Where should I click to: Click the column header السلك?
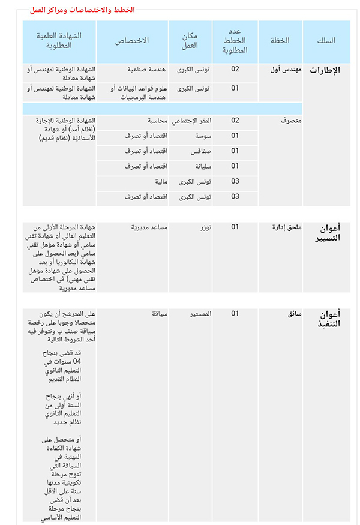click(x=326, y=41)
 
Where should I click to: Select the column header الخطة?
click(x=280, y=41)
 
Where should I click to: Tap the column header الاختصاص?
click(x=131, y=41)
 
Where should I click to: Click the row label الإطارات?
click(x=325, y=70)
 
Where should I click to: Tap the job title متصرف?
click(x=291, y=121)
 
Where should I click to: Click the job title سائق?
click(x=294, y=314)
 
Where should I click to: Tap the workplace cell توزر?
click(x=201, y=227)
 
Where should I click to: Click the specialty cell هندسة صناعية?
click(x=146, y=70)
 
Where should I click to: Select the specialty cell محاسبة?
click(x=154, y=121)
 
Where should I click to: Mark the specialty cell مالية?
click(x=160, y=181)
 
